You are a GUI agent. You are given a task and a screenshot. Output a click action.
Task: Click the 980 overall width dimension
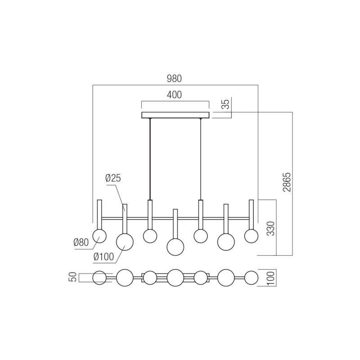[174, 78]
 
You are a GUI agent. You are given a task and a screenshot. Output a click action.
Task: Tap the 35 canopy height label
[226, 104]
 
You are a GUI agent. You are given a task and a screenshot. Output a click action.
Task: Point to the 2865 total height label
[287, 181]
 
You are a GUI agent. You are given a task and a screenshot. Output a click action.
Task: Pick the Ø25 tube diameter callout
[113, 178]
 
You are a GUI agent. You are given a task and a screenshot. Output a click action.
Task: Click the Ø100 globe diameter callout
[103, 257]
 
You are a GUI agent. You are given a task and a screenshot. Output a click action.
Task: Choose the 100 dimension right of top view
[271, 277]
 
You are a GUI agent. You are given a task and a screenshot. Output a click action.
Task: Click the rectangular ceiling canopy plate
[175, 115]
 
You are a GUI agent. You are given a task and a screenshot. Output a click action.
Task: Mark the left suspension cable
[150, 157]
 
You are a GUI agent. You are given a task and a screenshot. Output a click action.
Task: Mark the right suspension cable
[200, 157]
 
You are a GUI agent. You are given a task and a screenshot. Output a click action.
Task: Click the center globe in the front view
[175, 247]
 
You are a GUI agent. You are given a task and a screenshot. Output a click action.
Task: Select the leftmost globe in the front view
[99, 235]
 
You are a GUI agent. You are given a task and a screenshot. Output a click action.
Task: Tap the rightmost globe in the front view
[251, 235]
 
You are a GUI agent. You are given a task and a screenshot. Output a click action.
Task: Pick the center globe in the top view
[175, 278]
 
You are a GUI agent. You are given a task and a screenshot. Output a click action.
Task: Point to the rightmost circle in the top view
[251, 278]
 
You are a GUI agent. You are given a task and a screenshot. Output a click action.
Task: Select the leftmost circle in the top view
[99, 278]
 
